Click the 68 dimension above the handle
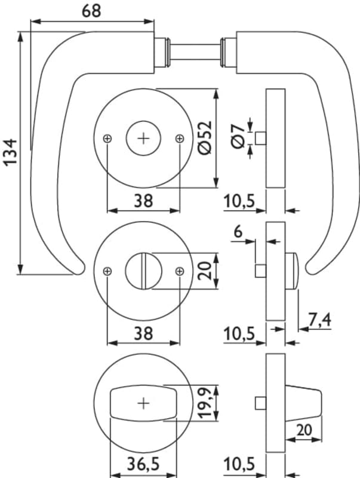point(90,11)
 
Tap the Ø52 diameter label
point(204,139)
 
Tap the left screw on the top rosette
point(107,139)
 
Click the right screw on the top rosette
point(180,139)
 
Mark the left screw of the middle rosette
point(107,271)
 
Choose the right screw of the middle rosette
point(180,271)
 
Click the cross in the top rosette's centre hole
point(143,138)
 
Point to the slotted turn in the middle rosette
point(143,270)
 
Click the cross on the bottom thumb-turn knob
point(143,403)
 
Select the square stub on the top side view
point(260,138)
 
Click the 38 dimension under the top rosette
point(143,201)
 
